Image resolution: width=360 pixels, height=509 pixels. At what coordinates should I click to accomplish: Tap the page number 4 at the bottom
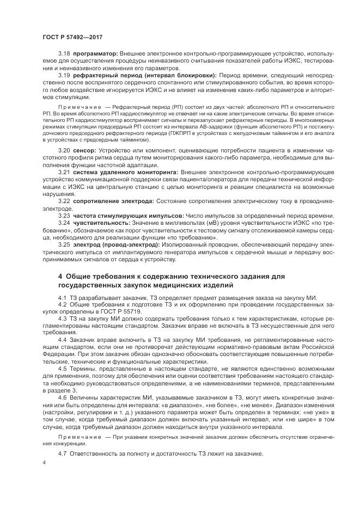45,462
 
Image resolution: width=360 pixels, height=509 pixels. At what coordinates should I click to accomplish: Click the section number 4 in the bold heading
60,277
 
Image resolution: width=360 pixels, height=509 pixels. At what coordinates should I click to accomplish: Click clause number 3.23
64,216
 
